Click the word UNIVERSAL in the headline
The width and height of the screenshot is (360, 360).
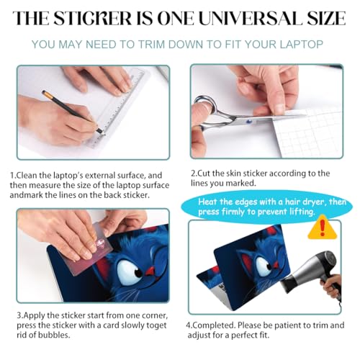250,18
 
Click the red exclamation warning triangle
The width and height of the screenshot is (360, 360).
323,228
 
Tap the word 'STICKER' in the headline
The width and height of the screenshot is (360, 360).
92,18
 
